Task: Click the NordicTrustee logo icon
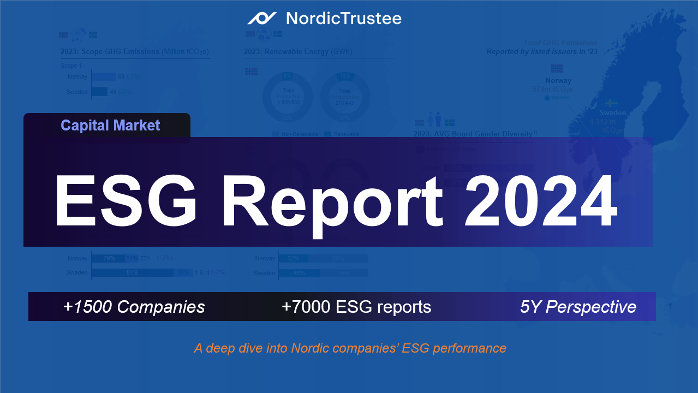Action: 262,19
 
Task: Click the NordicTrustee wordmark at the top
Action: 343,19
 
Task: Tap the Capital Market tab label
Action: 110,126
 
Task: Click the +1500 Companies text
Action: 134,307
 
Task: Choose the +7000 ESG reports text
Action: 356,307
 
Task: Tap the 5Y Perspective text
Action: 578,307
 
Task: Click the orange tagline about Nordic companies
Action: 350,348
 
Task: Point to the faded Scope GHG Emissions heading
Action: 135,52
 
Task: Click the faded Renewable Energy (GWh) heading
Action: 298,52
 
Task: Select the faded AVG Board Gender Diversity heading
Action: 473,134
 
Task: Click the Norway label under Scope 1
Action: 77,77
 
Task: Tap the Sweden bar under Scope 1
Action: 99,92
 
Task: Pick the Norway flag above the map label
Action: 557,68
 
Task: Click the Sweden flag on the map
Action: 613,103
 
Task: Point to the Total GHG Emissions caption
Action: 560,43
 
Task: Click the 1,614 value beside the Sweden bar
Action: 202,272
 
